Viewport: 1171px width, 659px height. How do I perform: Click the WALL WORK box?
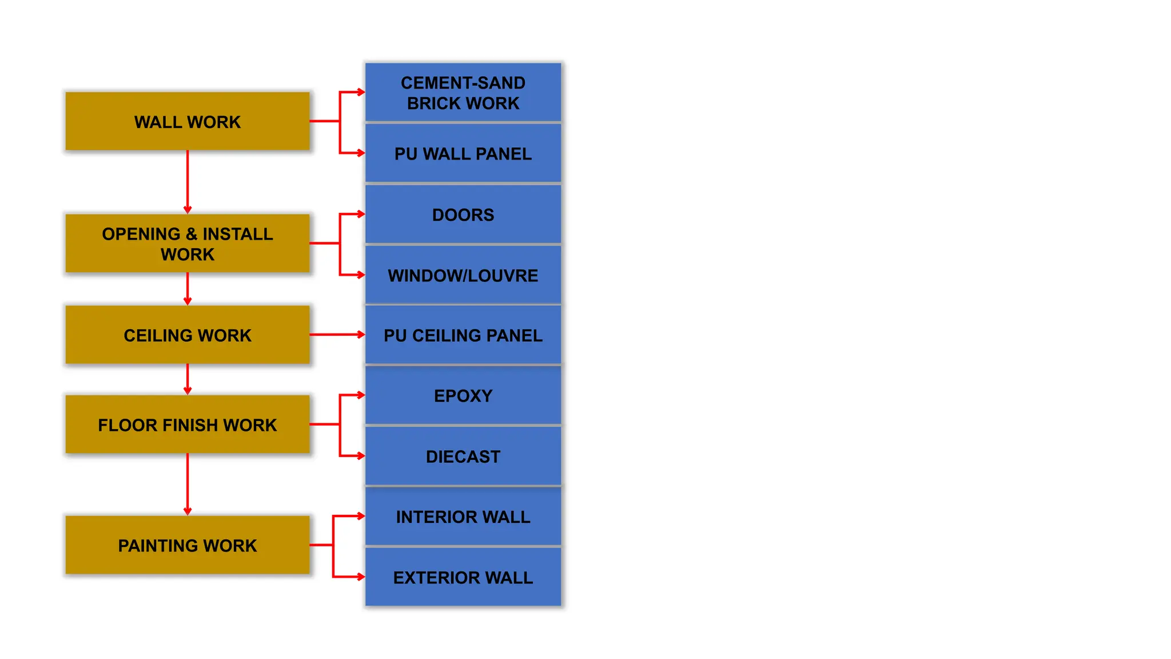point(188,121)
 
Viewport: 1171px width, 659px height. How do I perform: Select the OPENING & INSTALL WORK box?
point(188,243)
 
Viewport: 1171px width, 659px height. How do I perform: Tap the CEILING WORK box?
point(188,335)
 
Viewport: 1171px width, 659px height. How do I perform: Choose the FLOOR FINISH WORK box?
point(188,424)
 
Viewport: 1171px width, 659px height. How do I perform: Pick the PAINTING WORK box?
point(188,545)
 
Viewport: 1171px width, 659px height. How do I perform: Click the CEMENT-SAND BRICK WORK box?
point(463,93)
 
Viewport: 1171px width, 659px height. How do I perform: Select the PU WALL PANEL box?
point(463,153)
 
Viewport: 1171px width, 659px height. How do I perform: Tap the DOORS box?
point(463,215)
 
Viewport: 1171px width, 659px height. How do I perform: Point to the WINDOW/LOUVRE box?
point(463,275)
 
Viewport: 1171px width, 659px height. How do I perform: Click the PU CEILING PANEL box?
point(463,335)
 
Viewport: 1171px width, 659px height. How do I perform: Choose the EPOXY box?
point(463,395)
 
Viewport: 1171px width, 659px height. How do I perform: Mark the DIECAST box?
point(463,456)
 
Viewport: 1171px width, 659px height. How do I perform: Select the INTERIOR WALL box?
point(463,517)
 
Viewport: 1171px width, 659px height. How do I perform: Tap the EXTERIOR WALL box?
point(463,577)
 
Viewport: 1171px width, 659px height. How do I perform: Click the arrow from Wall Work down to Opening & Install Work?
point(188,182)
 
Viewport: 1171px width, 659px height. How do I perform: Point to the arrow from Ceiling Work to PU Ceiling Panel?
point(337,335)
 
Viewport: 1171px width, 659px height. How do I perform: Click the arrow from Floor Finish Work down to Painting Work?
point(188,484)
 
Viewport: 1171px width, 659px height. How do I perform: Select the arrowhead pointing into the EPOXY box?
point(361,395)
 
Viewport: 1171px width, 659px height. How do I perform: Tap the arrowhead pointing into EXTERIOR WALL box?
point(361,577)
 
